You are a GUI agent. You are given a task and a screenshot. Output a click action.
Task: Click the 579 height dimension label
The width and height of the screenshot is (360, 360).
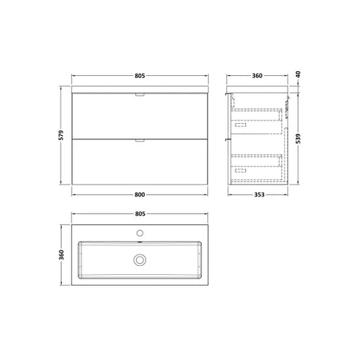click(x=61, y=135)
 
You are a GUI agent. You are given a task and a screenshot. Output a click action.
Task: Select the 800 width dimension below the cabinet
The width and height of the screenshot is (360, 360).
click(x=140, y=195)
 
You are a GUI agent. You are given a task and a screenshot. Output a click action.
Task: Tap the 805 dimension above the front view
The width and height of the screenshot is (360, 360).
click(x=140, y=76)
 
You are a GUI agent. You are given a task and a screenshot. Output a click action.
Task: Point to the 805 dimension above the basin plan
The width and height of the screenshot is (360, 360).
click(x=140, y=214)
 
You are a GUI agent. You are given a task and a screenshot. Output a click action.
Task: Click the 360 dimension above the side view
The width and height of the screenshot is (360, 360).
click(x=257, y=76)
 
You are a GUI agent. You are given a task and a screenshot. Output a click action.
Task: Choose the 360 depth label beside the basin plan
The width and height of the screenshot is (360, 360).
click(x=61, y=255)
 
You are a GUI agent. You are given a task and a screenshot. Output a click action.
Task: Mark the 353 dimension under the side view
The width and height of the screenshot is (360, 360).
click(x=259, y=195)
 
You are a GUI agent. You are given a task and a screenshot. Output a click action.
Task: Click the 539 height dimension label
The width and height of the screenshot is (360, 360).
click(x=298, y=139)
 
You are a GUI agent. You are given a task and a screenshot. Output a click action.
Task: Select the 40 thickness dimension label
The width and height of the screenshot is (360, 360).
click(x=298, y=75)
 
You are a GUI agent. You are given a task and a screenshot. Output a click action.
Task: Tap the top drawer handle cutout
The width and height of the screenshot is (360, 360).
click(x=140, y=95)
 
